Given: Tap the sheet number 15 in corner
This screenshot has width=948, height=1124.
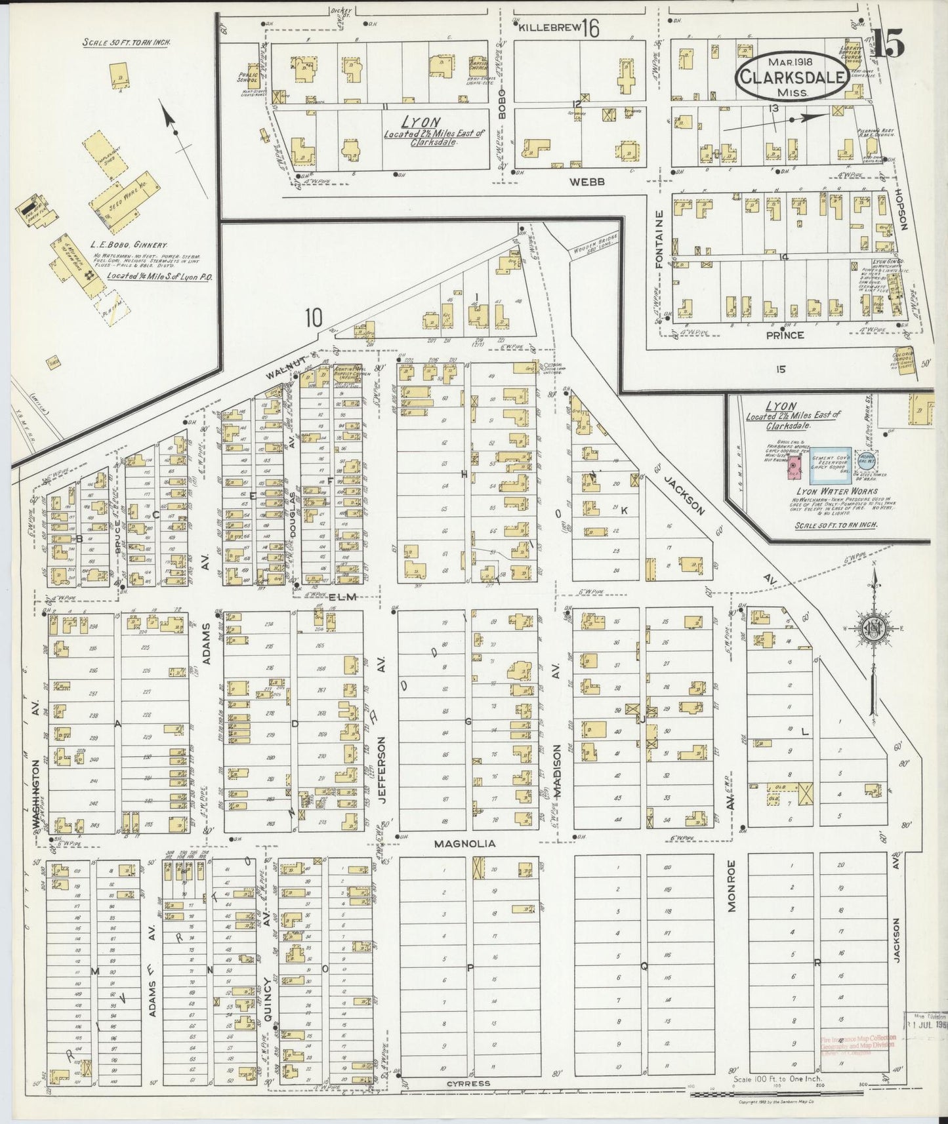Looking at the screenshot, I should [890, 44].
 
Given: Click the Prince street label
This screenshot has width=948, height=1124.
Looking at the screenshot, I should [785, 334].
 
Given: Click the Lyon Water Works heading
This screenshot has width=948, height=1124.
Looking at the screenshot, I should [831, 491].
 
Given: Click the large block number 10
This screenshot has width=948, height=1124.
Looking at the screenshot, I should [314, 318].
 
